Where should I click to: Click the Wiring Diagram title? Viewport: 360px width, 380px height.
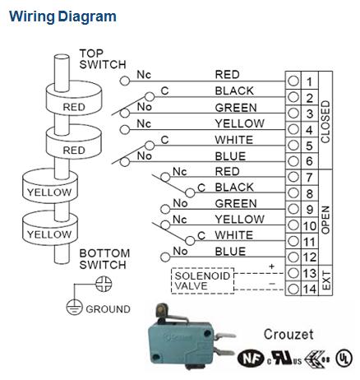tap(62, 16)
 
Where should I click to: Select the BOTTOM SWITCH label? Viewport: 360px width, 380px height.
tap(102, 259)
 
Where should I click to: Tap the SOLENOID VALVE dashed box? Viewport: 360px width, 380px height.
tap(202, 280)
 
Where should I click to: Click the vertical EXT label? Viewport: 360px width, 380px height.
tap(325, 281)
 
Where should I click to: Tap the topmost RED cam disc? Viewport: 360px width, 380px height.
tap(74, 107)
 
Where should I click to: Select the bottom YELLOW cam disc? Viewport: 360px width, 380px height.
tap(49, 234)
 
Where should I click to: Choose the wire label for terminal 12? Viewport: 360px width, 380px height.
tap(230, 251)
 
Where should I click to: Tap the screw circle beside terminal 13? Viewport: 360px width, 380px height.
tap(293, 273)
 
